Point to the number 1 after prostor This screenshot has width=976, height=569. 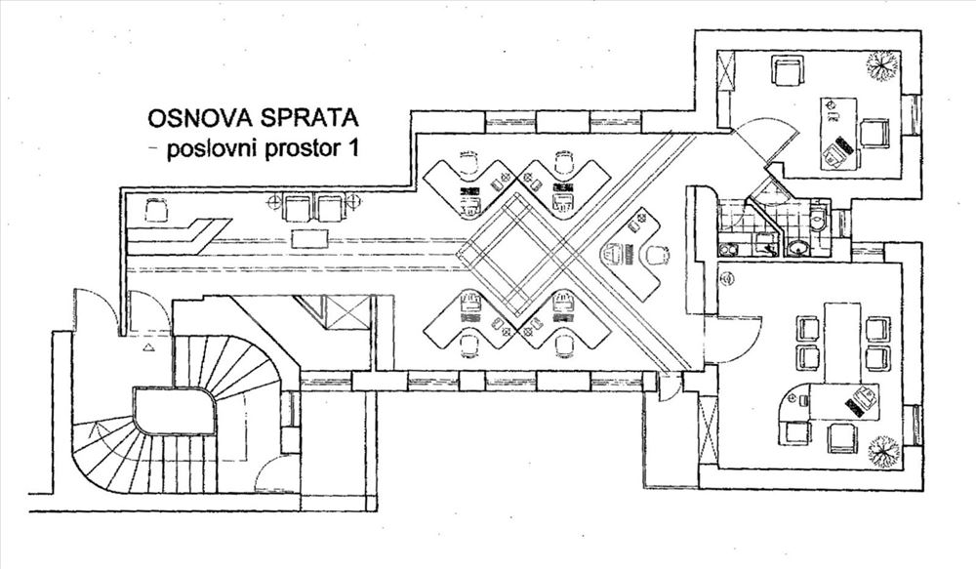tap(352, 148)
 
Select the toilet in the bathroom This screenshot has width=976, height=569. tap(820, 221)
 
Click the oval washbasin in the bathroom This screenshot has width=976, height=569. tap(797, 249)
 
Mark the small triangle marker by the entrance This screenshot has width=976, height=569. tap(148, 347)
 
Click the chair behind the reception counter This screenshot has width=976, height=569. tap(156, 210)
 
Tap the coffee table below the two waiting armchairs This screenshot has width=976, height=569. tap(309, 238)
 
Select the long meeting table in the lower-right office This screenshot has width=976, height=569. tap(842, 342)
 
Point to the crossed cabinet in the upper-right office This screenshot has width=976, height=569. tap(726, 71)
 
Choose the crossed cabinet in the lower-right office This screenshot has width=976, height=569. tap(709, 428)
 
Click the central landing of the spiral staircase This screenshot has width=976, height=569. tap(174, 410)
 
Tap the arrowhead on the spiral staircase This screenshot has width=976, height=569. tap(96, 428)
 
